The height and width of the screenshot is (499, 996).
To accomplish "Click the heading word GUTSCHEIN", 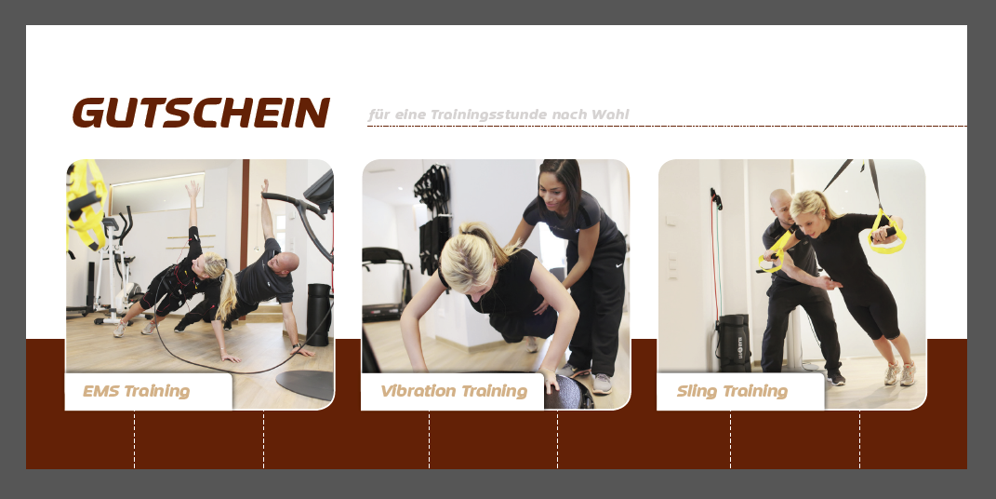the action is click(x=202, y=114).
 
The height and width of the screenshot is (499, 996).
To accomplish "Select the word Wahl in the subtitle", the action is click(x=610, y=115).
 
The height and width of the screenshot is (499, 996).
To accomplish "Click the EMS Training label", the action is click(x=136, y=391).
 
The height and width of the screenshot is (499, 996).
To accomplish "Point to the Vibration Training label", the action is click(x=454, y=391).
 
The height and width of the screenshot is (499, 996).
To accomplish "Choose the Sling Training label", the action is click(x=732, y=391).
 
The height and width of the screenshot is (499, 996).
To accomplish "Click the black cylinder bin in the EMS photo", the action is click(x=319, y=315).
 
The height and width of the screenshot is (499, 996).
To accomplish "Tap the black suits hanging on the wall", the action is click(x=433, y=209).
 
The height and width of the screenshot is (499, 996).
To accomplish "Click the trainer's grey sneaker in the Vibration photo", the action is click(x=602, y=384).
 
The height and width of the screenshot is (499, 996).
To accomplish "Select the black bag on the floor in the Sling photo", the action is click(x=734, y=344).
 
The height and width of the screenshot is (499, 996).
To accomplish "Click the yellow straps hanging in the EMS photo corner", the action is click(x=86, y=203).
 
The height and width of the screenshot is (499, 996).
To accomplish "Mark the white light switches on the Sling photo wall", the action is click(x=672, y=267).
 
